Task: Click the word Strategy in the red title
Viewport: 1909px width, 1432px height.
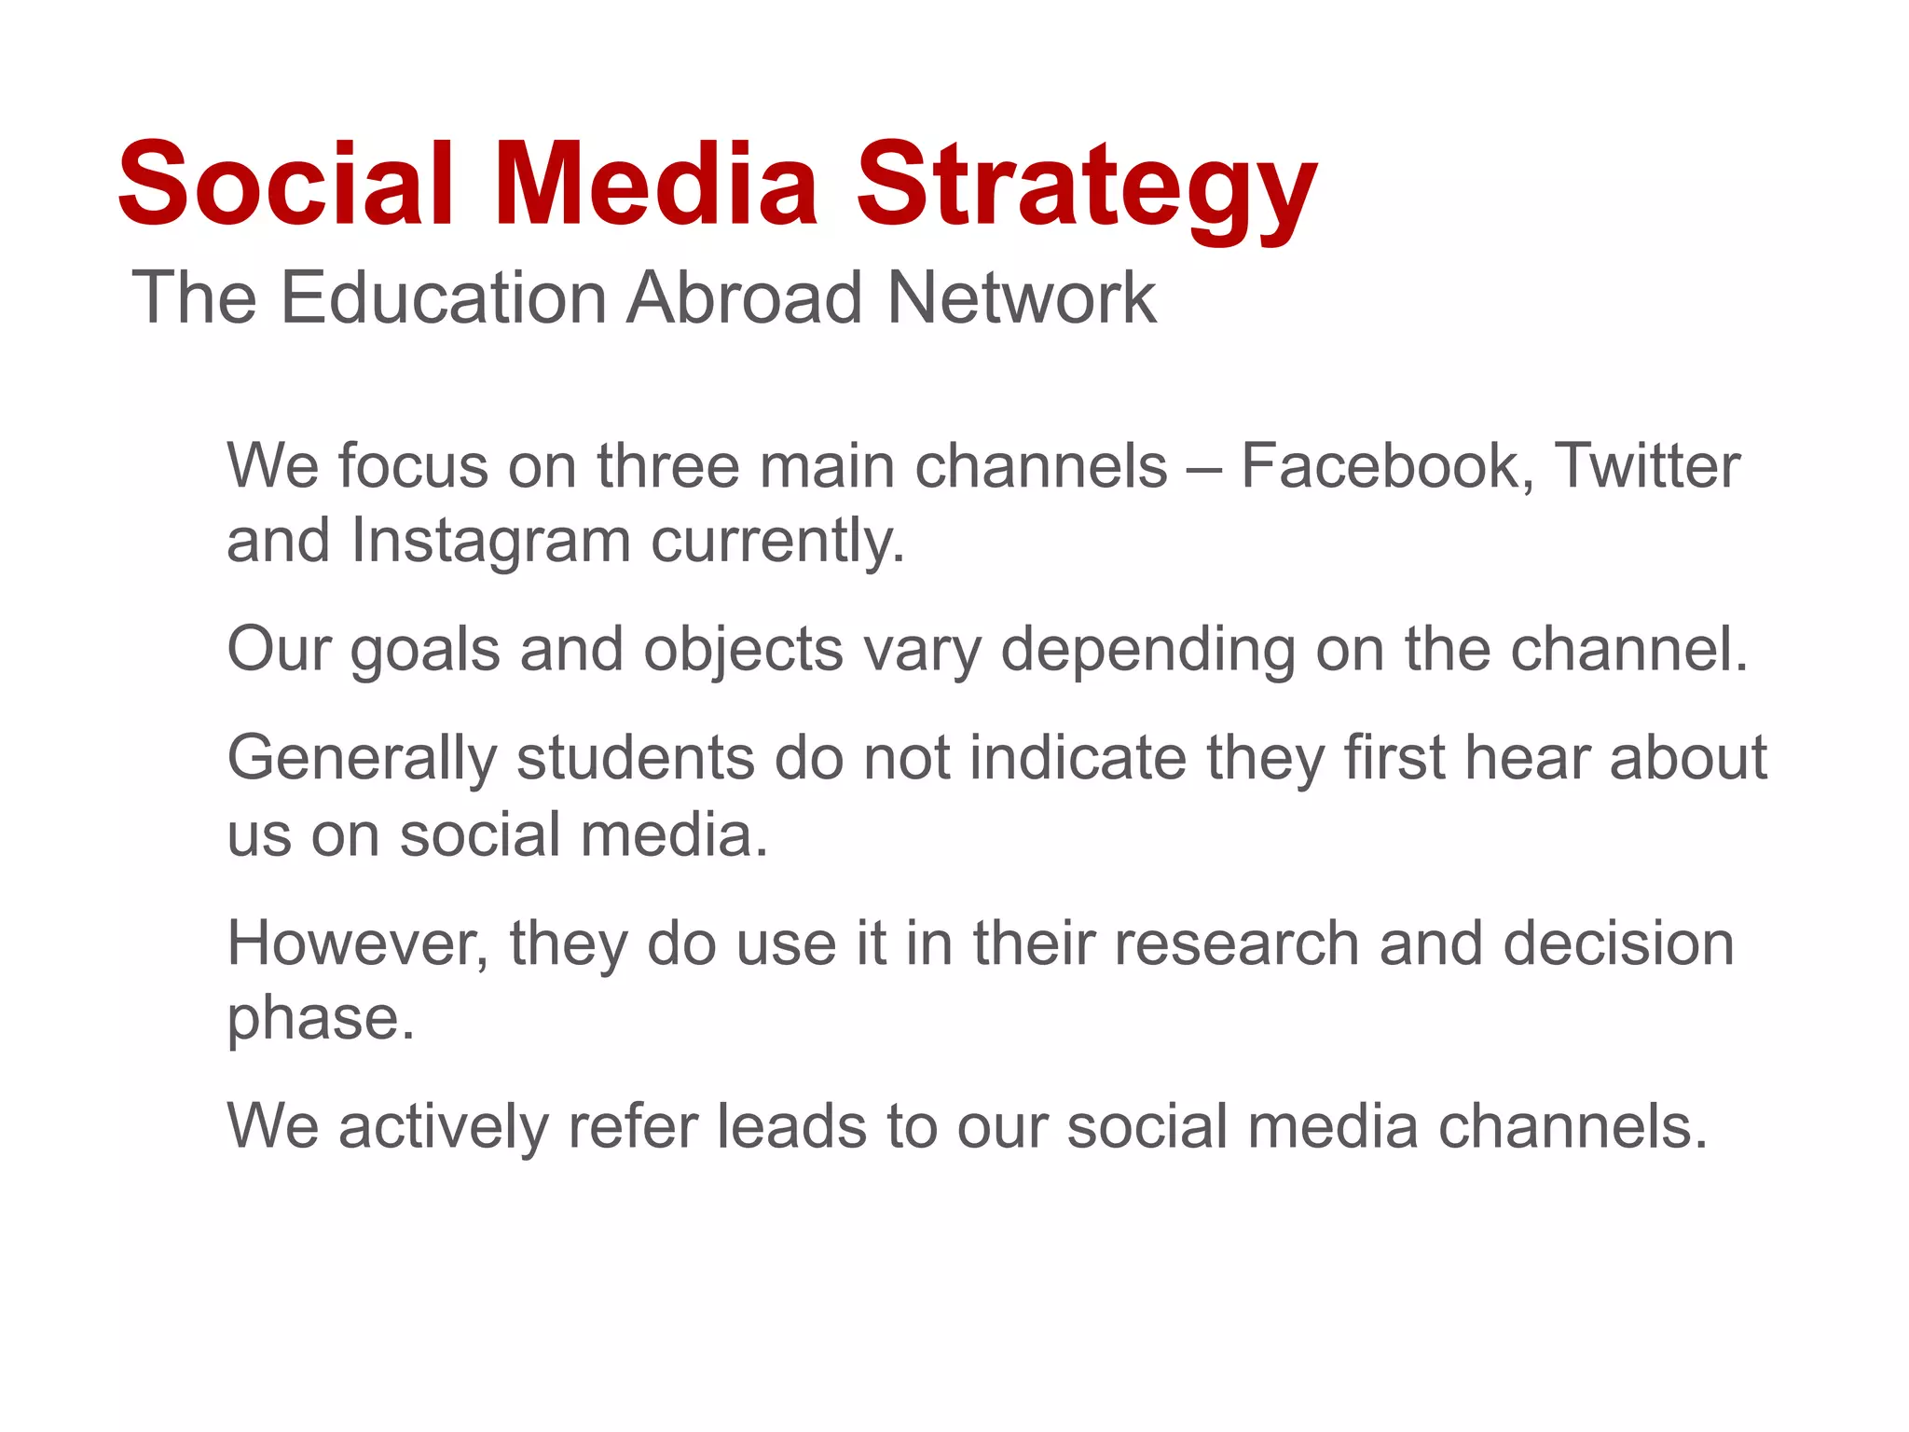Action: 1086,186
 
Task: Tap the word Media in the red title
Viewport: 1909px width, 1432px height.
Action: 655,184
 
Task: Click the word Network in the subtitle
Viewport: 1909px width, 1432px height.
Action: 1022,298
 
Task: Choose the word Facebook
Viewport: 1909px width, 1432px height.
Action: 1387,465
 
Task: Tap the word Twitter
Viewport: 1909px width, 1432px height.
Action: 1647,465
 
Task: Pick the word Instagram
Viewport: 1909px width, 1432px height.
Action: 491,542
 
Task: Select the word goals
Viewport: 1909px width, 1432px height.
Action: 425,650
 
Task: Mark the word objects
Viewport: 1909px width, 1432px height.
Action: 743,650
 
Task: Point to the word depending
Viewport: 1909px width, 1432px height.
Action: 1147,650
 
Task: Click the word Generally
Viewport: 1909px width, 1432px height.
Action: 362,758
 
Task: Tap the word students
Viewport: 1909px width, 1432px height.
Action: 635,758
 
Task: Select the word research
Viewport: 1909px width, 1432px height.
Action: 1237,943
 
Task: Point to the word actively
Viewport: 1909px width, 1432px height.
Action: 444,1126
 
